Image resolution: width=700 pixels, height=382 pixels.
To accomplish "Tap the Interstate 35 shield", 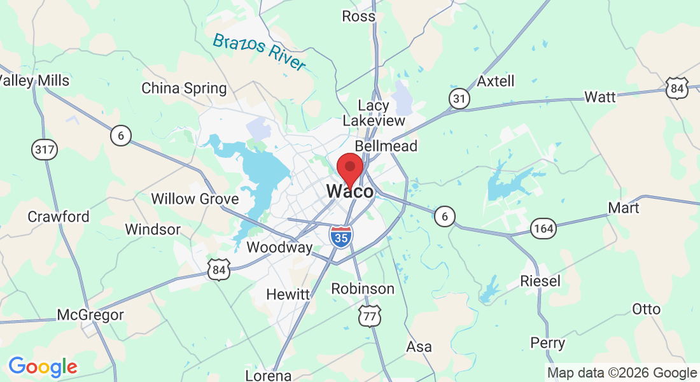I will pyautogui.click(x=341, y=236).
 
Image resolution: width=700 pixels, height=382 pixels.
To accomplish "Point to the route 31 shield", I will pyautogui.click(x=459, y=99).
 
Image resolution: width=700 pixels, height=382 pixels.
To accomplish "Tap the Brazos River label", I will pyautogui.click(x=259, y=52).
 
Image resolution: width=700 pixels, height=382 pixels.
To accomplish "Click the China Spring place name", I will pyautogui.click(x=184, y=88).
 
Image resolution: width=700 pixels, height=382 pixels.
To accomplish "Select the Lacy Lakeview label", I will pyautogui.click(x=374, y=113).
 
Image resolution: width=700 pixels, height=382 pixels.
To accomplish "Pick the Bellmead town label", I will pyautogui.click(x=386, y=146).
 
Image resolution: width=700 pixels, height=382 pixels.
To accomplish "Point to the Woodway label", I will pyautogui.click(x=280, y=247).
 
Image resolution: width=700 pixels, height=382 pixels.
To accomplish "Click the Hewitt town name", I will pyautogui.click(x=288, y=294).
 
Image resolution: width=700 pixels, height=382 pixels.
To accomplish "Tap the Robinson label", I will pyautogui.click(x=363, y=288).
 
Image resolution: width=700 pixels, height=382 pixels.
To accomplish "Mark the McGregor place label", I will pyautogui.click(x=90, y=315).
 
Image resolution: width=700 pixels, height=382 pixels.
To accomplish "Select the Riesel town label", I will pyautogui.click(x=540, y=280).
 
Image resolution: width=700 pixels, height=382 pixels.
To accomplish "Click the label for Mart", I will pyautogui.click(x=624, y=208).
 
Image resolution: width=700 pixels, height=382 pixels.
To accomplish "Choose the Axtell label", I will pyautogui.click(x=496, y=81).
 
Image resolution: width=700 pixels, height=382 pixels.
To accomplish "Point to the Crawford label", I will pyautogui.click(x=59, y=216).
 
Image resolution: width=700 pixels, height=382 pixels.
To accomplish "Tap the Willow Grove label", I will pyautogui.click(x=195, y=199).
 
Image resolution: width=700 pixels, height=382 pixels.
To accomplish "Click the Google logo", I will pyautogui.click(x=43, y=367).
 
